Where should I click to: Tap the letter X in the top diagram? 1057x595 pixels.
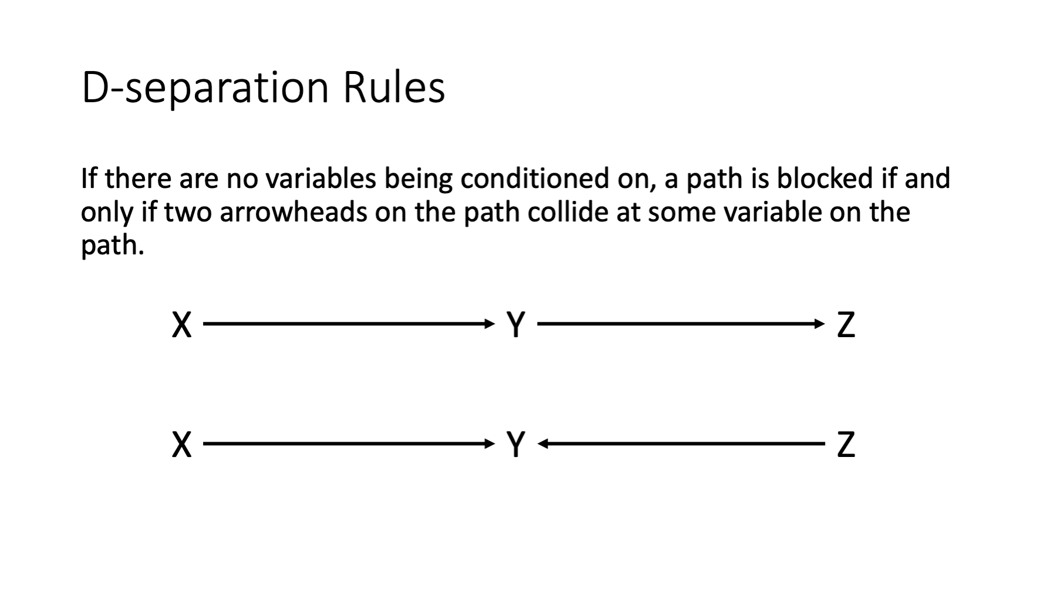coord(182,324)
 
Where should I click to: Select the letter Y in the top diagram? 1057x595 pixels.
coord(516,324)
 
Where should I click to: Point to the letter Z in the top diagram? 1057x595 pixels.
coord(846,324)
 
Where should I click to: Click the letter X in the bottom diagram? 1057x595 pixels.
coord(182,445)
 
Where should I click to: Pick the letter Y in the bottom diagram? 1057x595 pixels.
coord(516,445)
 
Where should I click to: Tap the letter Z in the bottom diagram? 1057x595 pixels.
coord(846,445)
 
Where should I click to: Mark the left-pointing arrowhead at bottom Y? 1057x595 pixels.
coord(543,444)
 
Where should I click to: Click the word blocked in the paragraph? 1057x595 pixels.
coord(825,179)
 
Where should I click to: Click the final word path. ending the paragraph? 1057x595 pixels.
coord(113,246)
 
